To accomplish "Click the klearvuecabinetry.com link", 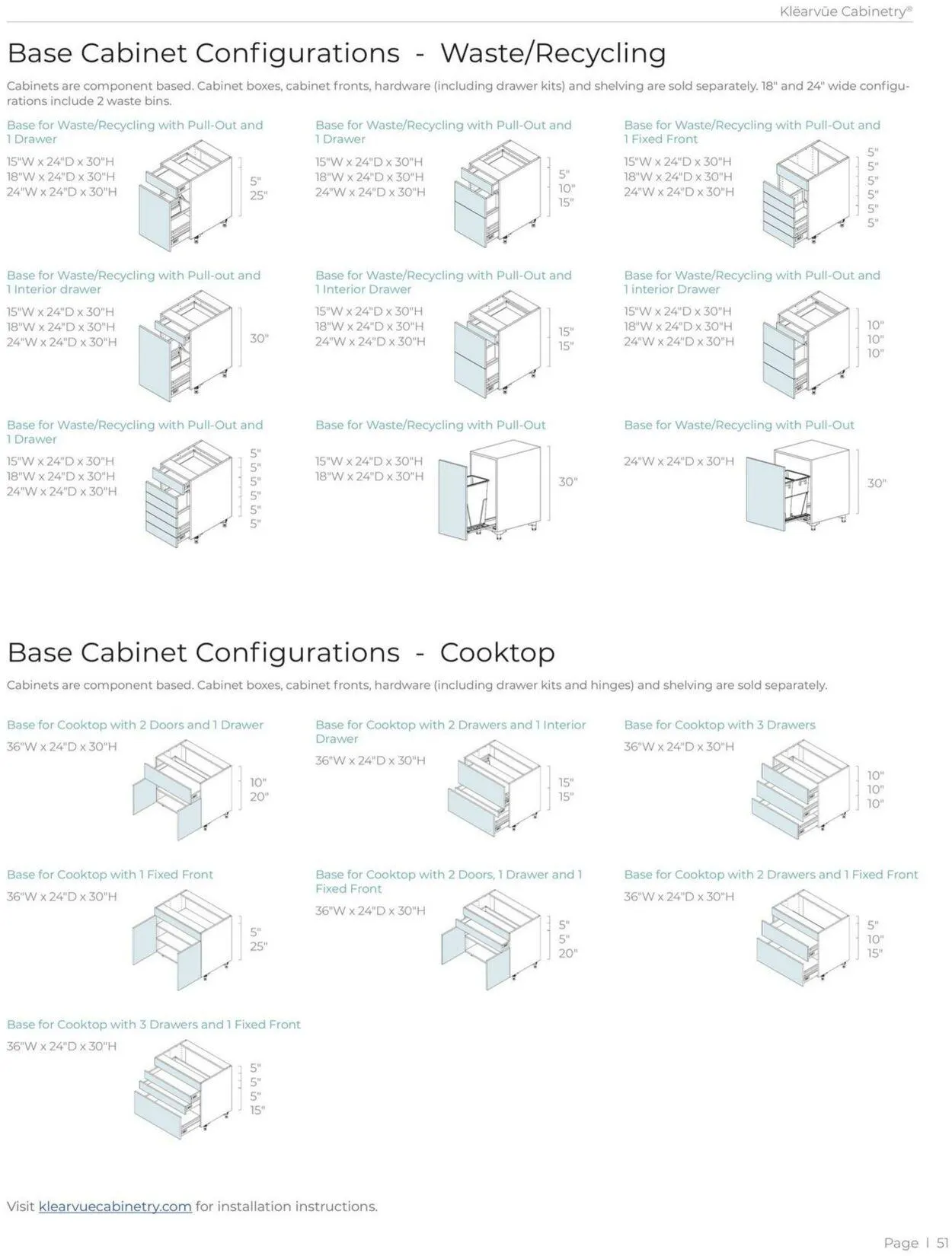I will [115, 1206].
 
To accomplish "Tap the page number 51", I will [942, 1242].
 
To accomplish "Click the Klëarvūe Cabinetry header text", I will [845, 11].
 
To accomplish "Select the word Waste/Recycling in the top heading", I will [553, 53].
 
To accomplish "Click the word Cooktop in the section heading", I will [497, 652].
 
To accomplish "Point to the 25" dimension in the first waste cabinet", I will [259, 196].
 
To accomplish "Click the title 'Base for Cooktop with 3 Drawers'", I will [719, 725].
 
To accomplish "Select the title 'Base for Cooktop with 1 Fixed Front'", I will [110, 875].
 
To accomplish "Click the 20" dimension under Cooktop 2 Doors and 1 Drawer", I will [259, 797].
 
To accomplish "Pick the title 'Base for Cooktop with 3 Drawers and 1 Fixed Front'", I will [154, 1025].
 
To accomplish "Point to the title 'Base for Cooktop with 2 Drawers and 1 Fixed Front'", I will [771, 875].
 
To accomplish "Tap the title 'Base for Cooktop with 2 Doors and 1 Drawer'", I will [135, 725].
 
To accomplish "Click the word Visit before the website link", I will [21, 1206].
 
